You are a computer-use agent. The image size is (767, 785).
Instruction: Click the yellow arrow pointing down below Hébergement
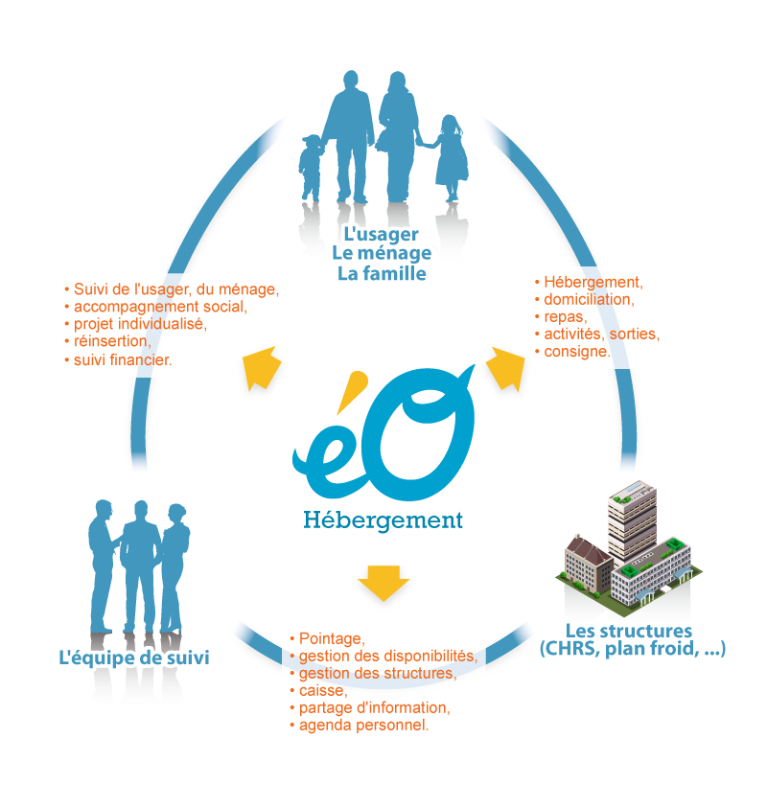tap(383, 583)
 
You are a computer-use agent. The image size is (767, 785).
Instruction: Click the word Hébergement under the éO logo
tap(383, 520)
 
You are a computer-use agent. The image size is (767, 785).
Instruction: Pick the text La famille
tap(381, 275)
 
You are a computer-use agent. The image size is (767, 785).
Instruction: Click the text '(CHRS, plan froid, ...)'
tap(632, 650)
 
